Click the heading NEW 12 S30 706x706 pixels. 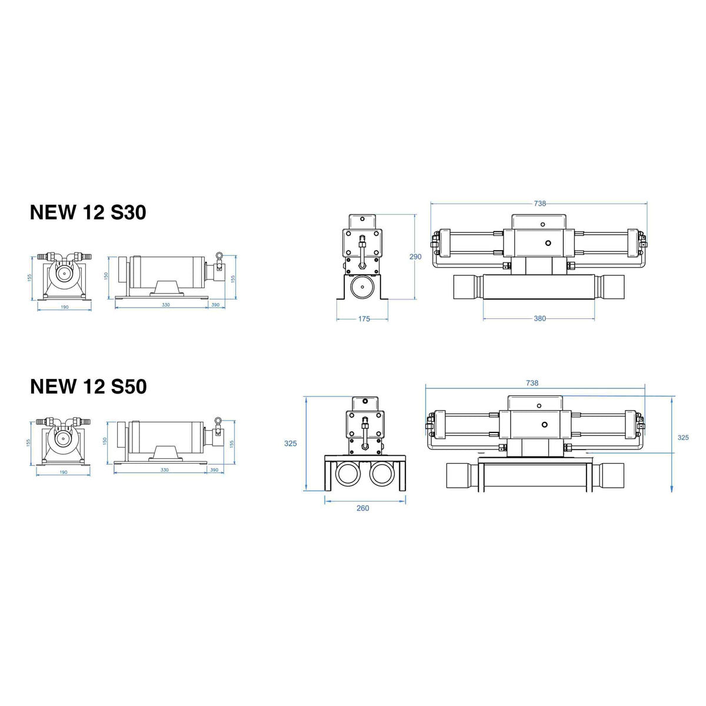[88, 212]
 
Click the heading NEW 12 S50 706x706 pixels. [88, 387]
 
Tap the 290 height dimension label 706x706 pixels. [415, 257]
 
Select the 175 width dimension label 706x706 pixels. [364, 319]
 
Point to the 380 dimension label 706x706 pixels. [540, 318]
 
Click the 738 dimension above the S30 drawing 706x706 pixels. [540, 204]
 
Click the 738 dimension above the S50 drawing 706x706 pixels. [532, 383]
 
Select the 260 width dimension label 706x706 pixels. [363, 508]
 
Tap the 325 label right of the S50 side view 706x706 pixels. [682, 437]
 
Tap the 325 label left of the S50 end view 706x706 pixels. [290, 444]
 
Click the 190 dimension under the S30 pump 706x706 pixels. [64, 307]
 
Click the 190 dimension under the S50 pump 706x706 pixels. [64, 472]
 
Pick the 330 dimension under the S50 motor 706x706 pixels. [164, 469]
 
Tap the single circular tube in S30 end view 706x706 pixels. [363, 289]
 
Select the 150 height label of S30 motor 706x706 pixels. [105, 275]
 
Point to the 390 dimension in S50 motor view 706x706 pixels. [215, 469]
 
